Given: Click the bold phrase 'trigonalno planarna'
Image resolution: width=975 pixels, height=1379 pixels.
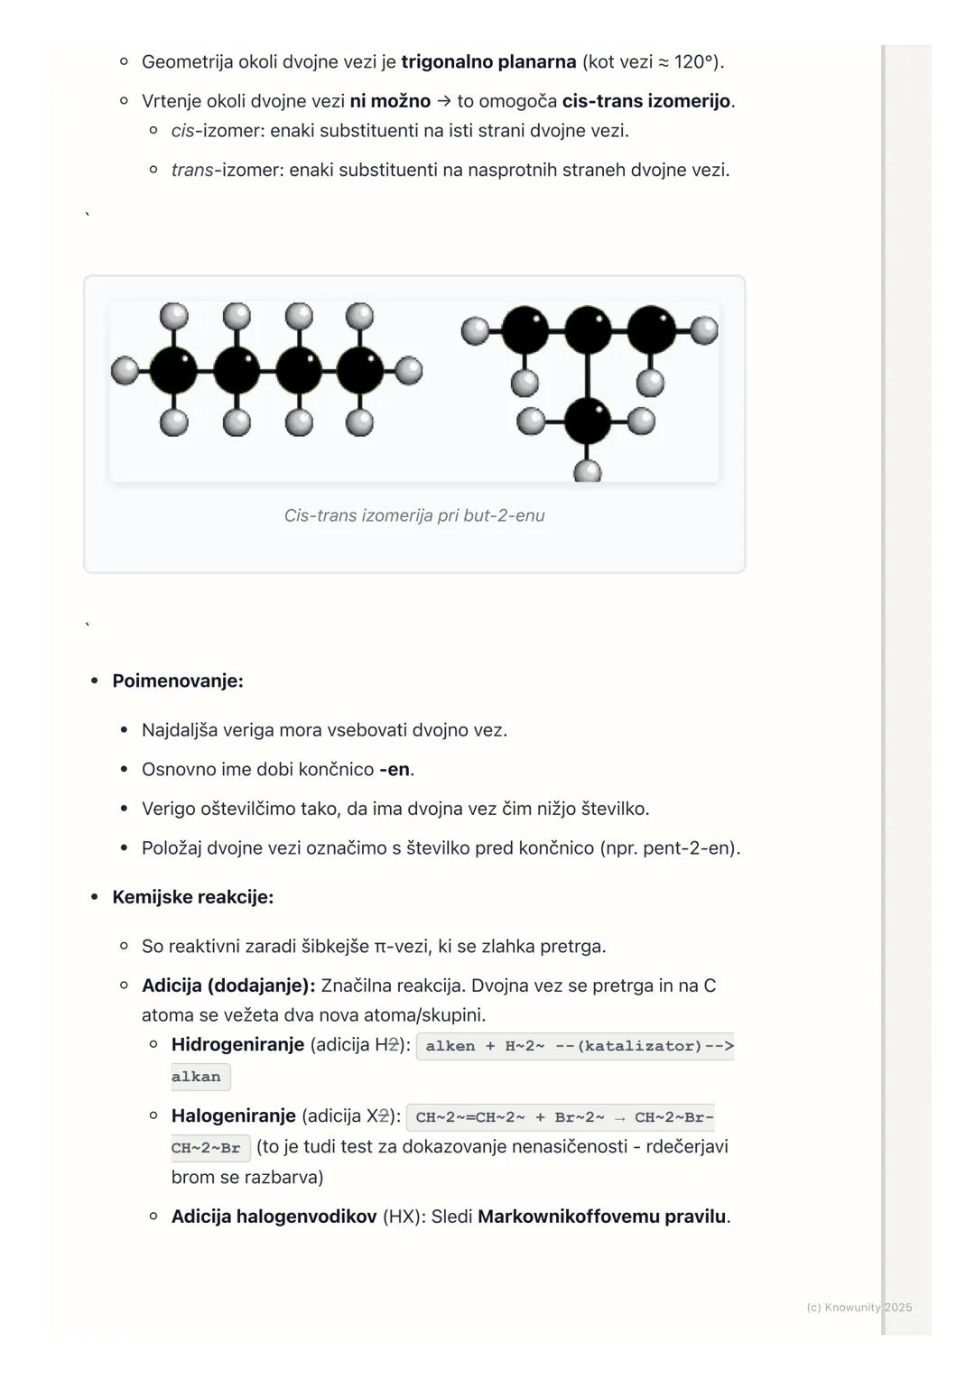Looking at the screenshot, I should click(x=488, y=62).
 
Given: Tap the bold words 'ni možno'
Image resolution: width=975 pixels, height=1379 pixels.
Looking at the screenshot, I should click(x=390, y=101).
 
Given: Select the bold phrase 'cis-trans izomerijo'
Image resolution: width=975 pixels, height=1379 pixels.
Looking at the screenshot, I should click(x=645, y=101).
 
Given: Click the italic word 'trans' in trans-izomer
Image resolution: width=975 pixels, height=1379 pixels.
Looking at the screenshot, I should click(x=192, y=170).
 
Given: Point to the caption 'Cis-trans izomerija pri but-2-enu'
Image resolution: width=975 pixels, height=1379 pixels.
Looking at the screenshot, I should click(x=414, y=515).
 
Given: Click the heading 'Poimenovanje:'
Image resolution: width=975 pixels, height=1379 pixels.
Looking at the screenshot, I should click(x=178, y=681).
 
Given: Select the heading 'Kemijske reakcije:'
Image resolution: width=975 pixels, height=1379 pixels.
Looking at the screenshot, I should click(x=192, y=897).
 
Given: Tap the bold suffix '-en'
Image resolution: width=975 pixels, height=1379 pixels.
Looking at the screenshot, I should click(x=395, y=770).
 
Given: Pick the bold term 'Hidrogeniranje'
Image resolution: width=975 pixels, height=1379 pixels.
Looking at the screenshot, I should click(x=237, y=1045).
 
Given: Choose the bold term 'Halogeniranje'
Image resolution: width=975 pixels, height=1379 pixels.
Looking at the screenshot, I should click(x=233, y=1116).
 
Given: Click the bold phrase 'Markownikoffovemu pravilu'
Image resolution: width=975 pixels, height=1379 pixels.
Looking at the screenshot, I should click(x=601, y=1217).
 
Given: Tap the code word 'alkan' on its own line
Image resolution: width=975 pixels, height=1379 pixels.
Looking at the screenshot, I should click(x=196, y=1077).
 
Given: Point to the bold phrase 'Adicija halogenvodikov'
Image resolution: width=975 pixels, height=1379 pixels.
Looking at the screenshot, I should click(x=274, y=1217).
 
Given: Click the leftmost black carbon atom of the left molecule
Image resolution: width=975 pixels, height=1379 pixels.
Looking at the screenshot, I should click(x=173, y=370).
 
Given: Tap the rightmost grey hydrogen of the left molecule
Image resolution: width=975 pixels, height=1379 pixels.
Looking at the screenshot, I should click(x=409, y=370).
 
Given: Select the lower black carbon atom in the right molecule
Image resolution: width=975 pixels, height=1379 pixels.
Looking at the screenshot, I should click(x=587, y=421).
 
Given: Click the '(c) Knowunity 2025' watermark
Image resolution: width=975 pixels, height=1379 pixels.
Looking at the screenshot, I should click(x=859, y=1308).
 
